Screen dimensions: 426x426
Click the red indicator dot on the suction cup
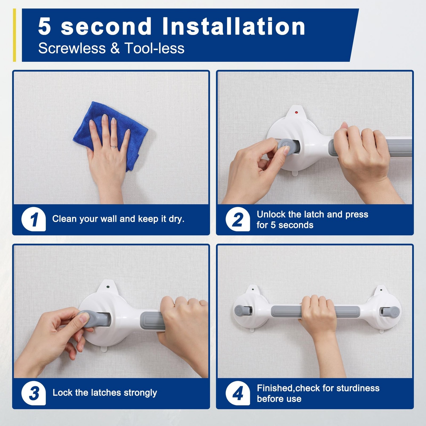point(296,112)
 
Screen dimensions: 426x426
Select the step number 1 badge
point(34,219)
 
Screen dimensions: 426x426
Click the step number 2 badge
point(238,219)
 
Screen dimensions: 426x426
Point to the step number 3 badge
point(34,393)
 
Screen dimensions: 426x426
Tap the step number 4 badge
point(238,393)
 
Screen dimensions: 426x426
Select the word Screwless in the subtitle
point(72,48)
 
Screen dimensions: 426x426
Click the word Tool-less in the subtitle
point(154,48)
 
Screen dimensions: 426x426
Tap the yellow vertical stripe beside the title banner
point(14,35)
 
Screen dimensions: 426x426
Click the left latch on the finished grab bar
point(243,310)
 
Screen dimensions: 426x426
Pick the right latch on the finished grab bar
point(390,311)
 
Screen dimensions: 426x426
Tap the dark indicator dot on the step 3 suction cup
point(108,287)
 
